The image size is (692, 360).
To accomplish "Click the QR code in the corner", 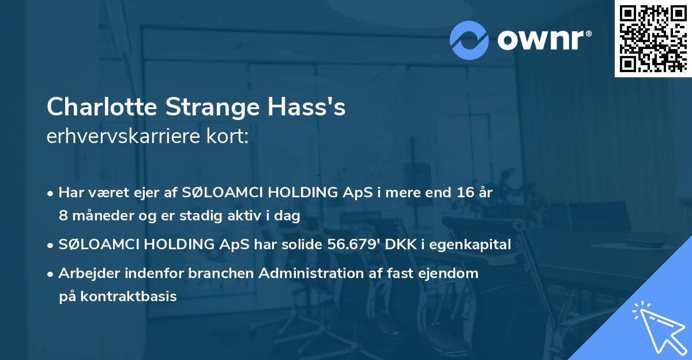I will coord(653,38).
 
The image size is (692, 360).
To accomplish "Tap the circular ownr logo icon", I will coord(469,40).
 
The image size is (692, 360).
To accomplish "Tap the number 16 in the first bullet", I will coord(461,193).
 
